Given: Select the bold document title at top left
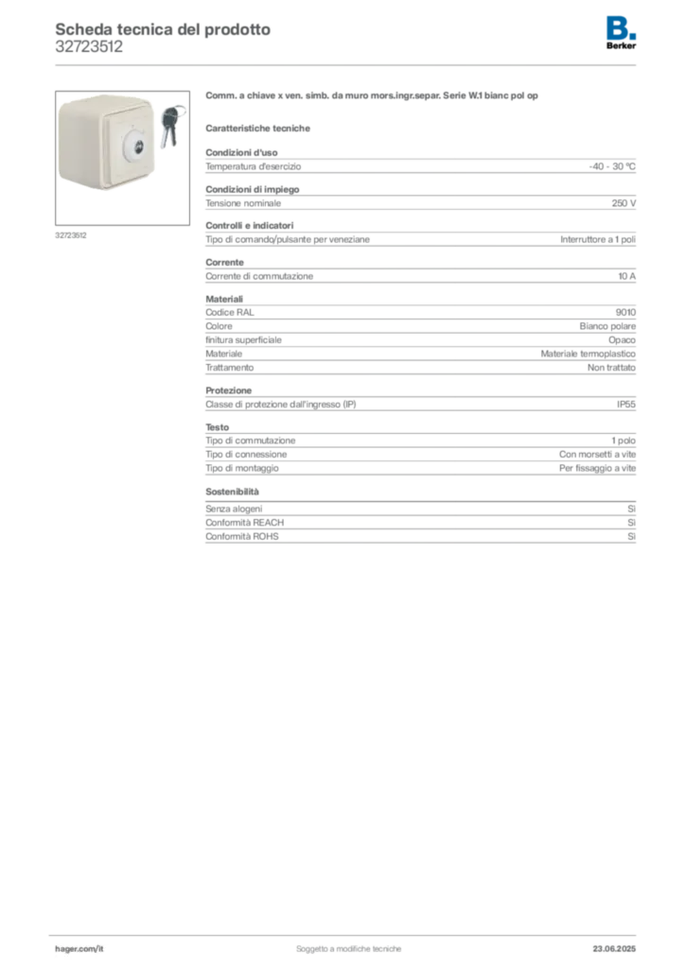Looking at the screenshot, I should (161, 28).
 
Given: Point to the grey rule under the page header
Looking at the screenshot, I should (347, 63).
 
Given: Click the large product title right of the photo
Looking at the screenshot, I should (375, 96).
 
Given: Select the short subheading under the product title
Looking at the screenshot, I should (261, 128).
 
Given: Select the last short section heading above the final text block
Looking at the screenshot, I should (235, 492).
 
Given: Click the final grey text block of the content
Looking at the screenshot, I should (419, 525).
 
